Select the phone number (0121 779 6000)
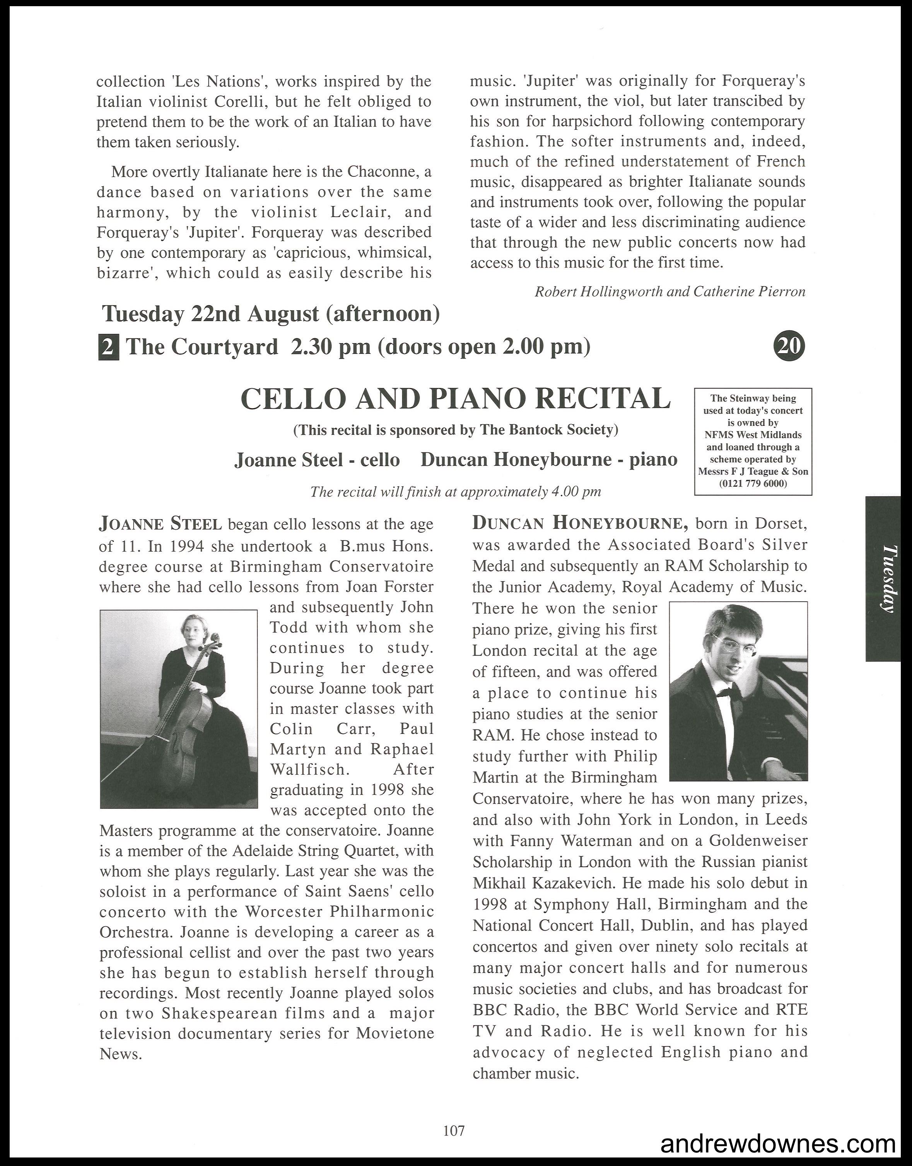coord(753,483)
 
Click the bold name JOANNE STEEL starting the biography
coord(160,524)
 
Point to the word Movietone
coord(395,1034)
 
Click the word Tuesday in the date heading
coord(143,314)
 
